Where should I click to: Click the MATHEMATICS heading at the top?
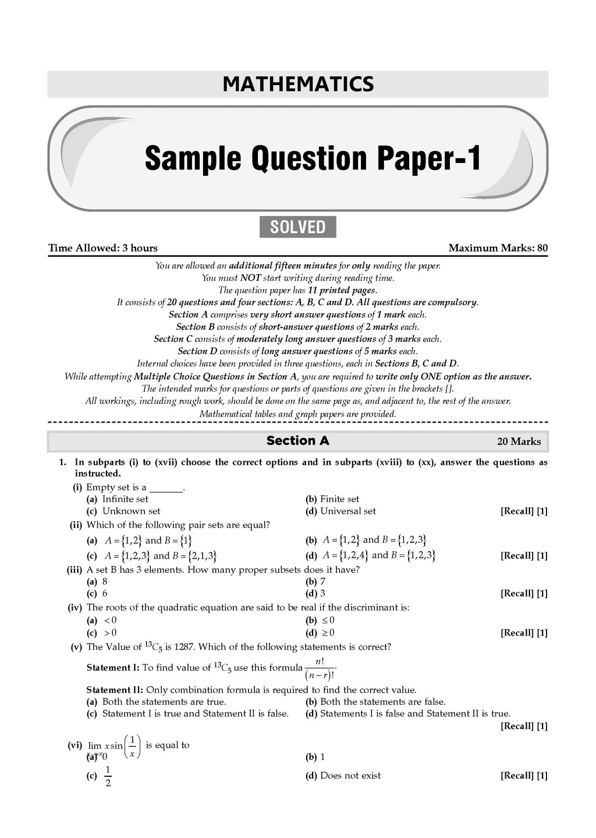click(298, 84)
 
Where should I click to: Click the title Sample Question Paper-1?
click(313, 158)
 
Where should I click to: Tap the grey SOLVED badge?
click(297, 226)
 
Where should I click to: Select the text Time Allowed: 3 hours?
click(103, 248)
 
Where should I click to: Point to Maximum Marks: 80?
click(498, 248)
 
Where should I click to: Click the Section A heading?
click(297, 441)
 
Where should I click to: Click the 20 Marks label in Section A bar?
click(519, 441)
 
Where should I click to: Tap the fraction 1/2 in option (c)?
click(108, 775)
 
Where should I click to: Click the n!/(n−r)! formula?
click(320, 668)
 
